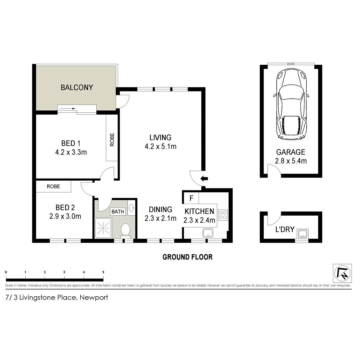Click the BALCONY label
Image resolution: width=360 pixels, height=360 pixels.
pyautogui.click(x=77, y=88)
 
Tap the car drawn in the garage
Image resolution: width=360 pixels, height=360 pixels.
pyautogui.click(x=291, y=105)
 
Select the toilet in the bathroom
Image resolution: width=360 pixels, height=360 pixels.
pyautogui.click(x=125, y=230)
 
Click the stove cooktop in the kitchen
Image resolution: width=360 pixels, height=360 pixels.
pyautogui.click(x=223, y=214)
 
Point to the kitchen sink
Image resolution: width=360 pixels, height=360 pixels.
pyautogui.click(x=208, y=232)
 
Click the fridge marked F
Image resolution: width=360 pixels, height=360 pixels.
pyautogui.click(x=191, y=198)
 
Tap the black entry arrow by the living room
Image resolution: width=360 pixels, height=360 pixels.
pyautogui.click(x=204, y=179)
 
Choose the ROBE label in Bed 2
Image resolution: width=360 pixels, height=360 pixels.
pyautogui.click(x=53, y=187)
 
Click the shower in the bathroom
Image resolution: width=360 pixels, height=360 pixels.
pyautogui.click(x=104, y=228)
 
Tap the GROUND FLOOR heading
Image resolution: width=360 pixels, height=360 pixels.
pyautogui.click(x=187, y=257)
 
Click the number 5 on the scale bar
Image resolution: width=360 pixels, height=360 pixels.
pyautogui.click(x=103, y=272)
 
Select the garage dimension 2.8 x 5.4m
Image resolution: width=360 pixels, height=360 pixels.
pyautogui.click(x=291, y=161)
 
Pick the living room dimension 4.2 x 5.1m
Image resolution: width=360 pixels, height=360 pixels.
pyautogui.click(x=160, y=146)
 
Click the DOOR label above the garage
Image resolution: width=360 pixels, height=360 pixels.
pyautogui.click(x=291, y=64)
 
